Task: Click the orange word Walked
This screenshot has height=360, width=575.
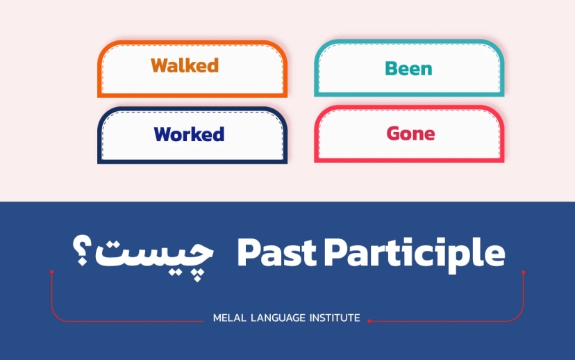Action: point(185,66)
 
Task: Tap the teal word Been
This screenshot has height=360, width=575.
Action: point(408,69)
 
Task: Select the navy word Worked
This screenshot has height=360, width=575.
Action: point(189,134)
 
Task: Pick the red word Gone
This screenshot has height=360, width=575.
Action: point(410,133)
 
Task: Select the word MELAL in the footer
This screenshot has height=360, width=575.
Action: point(227,318)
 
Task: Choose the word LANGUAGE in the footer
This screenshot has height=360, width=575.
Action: point(276,318)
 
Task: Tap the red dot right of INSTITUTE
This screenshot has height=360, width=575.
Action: point(369,321)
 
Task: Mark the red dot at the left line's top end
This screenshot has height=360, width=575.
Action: point(51,271)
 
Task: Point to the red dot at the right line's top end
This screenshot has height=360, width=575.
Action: point(523,271)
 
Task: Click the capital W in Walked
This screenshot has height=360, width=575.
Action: point(159,66)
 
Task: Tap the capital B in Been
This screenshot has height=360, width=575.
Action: point(391,69)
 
